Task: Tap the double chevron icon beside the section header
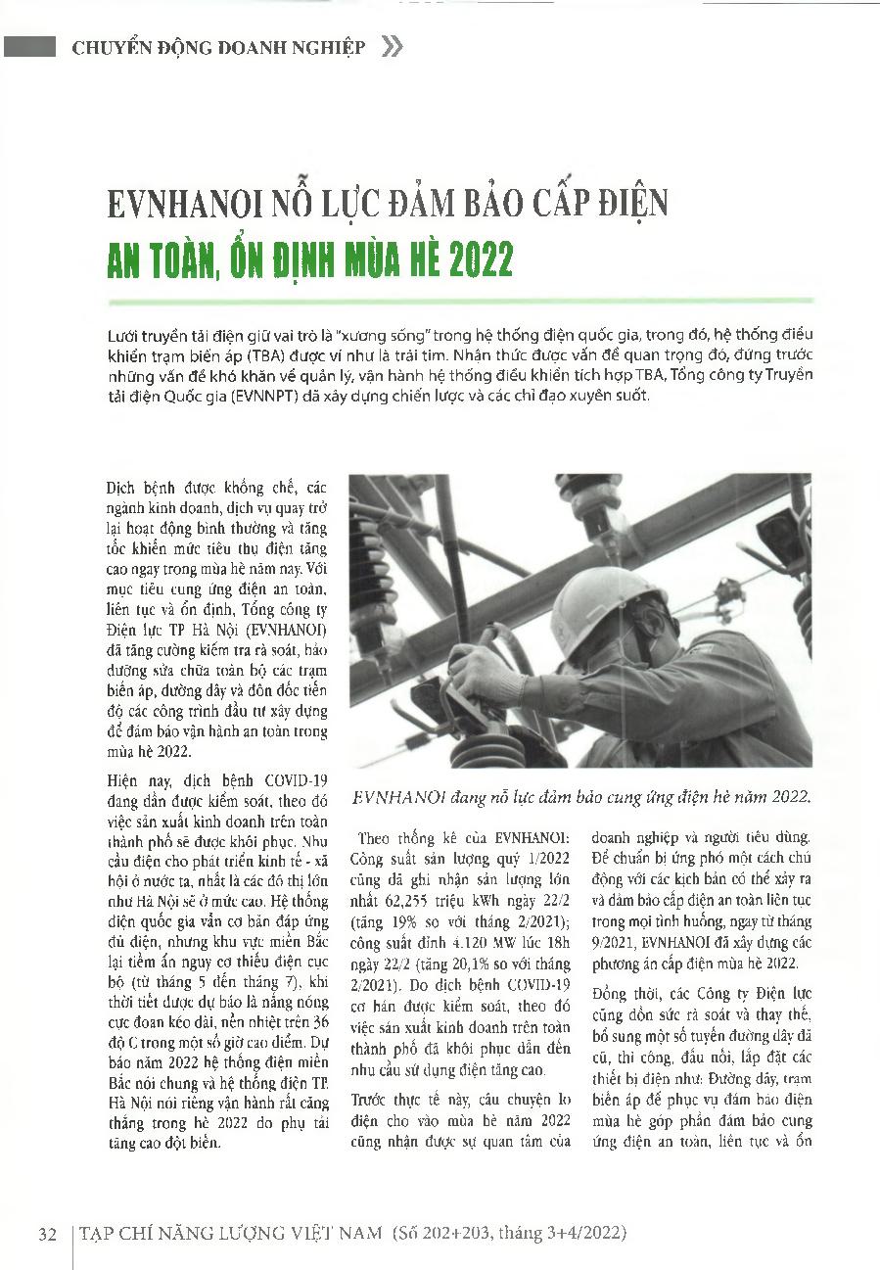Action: click(x=391, y=46)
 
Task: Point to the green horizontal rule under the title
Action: click(x=460, y=300)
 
